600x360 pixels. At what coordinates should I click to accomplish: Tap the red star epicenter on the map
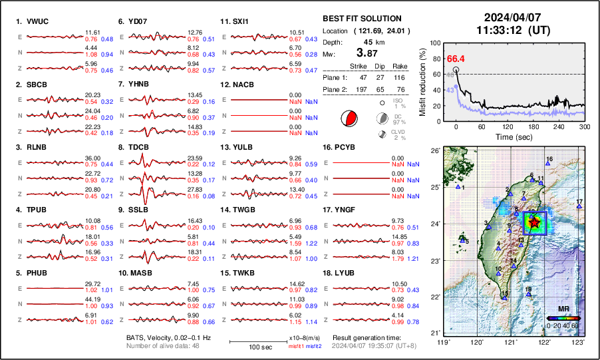tap(533, 224)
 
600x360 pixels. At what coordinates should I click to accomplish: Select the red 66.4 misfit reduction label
tap(455, 59)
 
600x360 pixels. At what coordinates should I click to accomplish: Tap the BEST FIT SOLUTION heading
tap(361, 19)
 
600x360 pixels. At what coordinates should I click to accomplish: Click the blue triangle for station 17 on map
tap(579, 207)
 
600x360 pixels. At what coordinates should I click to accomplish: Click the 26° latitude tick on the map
tap(433, 151)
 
